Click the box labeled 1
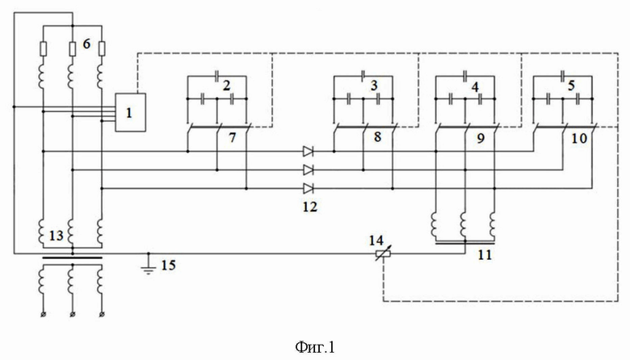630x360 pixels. tap(131, 112)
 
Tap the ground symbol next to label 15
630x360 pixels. tap(149, 268)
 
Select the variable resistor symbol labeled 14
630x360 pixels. tap(383, 253)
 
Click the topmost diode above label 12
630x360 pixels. tap(309, 151)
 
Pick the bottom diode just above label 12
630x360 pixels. tap(309, 188)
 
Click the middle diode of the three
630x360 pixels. tap(309, 170)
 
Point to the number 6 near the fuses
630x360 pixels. tap(86, 44)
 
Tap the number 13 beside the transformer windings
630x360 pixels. tap(57, 236)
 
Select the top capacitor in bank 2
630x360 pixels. tap(217, 75)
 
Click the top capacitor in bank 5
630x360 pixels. tap(562, 74)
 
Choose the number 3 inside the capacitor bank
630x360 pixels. tap(374, 85)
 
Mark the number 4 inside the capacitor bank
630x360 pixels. tap(475, 86)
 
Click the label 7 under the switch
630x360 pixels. tap(233, 138)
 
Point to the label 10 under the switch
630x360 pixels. tap(579, 139)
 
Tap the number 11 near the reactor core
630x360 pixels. tap(485, 255)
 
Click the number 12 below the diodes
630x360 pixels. tap(310, 207)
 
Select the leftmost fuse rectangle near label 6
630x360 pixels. tap(43, 48)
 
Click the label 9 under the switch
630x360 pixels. tap(480, 139)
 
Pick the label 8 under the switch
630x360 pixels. tap(377, 137)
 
